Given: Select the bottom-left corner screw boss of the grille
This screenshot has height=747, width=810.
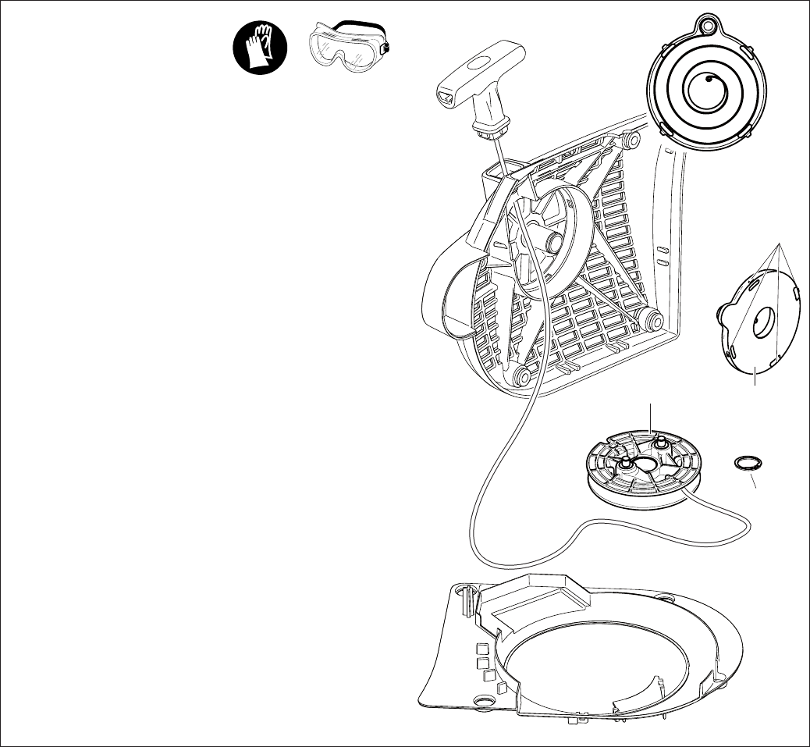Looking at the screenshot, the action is pos(517,378).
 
